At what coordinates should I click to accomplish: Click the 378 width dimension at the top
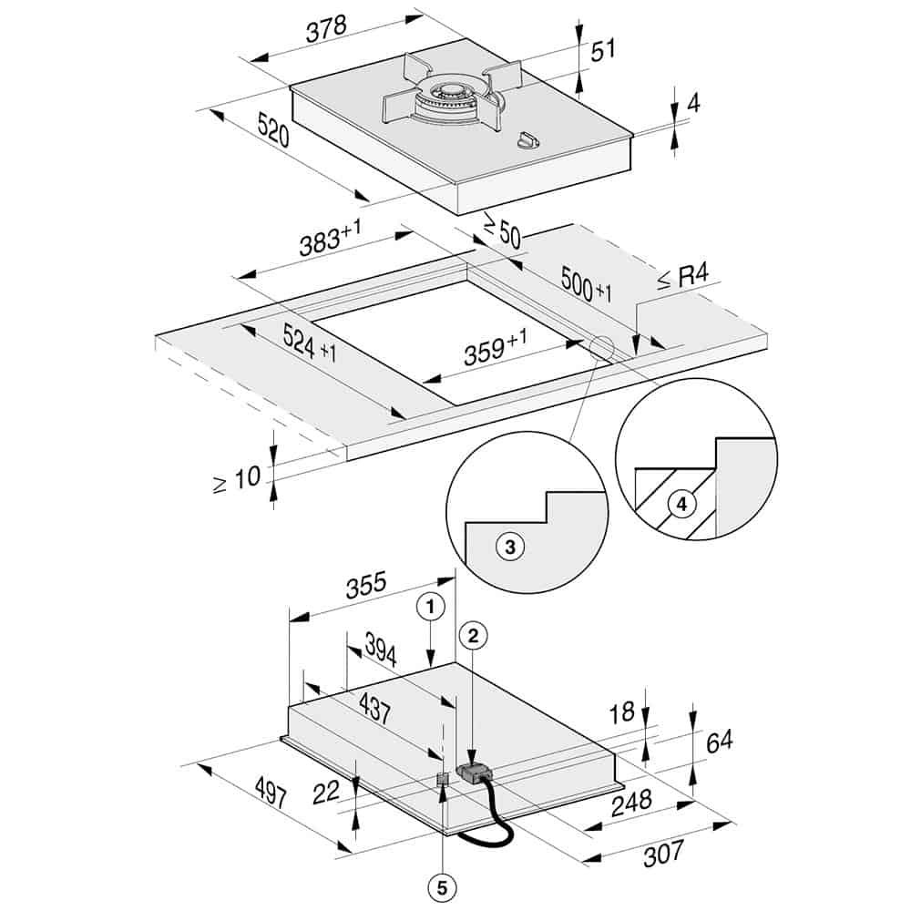click(326, 29)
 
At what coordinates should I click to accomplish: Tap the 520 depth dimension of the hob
click(273, 130)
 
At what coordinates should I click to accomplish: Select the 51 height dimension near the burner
click(603, 50)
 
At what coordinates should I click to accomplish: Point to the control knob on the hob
click(527, 140)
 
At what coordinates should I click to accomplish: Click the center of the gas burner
click(452, 93)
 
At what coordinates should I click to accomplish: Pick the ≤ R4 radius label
click(683, 277)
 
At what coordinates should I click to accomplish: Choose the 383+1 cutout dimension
click(330, 238)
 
